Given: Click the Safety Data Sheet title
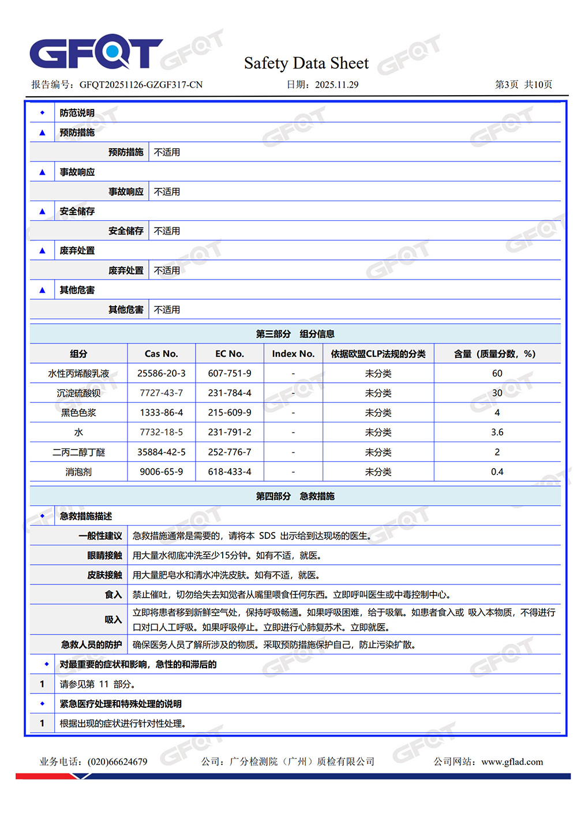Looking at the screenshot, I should pyautogui.click(x=306, y=63).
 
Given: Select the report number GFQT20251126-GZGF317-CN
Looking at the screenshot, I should pyautogui.click(x=141, y=85).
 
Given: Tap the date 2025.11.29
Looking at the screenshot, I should pyautogui.click(x=336, y=85).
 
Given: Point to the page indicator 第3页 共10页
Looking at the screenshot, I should pyautogui.click(x=523, y=85).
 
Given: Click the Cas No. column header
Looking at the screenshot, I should pyautogui.click(x=161, y=354).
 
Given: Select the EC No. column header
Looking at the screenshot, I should pyautogui.click(x=230, y=354).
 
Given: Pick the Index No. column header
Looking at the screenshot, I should pyautogui.click(x=293, y=354).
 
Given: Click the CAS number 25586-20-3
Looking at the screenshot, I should pyautogui.click(x=161, y=373).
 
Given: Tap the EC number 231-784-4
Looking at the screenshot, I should pyautogui.click(x=230, y=393).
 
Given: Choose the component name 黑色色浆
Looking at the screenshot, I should pyautogui.click(x=78, y=413).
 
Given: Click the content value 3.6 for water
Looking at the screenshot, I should pyautogui.click(x=497, y=432).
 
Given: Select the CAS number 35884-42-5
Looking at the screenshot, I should pyautogui.click(x=161, y=452).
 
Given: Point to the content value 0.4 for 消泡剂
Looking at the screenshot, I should pyautogui.click(x=497, y=472).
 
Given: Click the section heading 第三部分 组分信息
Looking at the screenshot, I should pyautogui.click(x=295, y=334).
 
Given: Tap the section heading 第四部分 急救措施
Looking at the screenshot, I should pyautogui.click(x=295, y=496).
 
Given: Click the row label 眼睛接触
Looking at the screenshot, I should pyautogui.click(x=104, y=556).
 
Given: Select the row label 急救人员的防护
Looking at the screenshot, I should pyautogui.click(x=92, y=645).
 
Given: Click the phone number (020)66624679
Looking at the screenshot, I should pyautogui.click(x=117, y=762).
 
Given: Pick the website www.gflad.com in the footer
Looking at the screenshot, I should pyautogui.click(x=512, y=762).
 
